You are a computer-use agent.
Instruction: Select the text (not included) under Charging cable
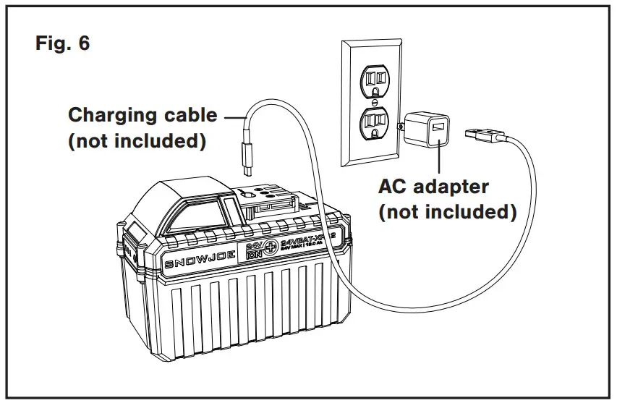(137, 140)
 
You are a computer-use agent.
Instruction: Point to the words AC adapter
(434, 187)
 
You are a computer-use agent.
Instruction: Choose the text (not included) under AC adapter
(448, 212)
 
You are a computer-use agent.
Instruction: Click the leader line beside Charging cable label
(234, 115)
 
